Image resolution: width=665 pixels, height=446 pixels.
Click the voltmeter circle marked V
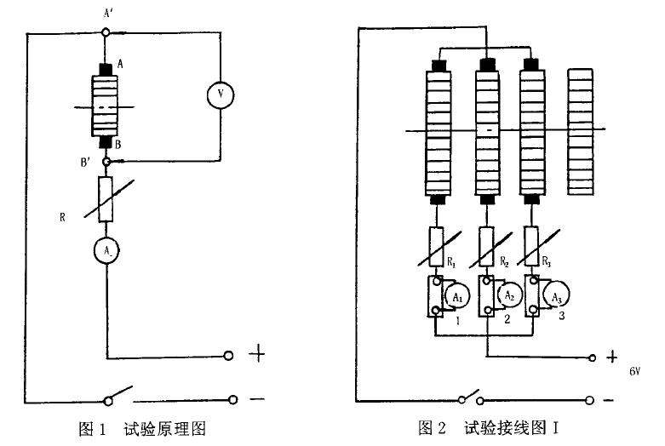pos(221,97)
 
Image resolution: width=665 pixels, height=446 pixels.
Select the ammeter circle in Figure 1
pos(106,249)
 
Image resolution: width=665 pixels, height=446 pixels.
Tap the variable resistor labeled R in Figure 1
pos(106,199)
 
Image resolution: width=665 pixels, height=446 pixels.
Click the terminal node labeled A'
pos(106,32)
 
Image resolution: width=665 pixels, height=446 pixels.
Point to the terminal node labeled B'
pos(106,161)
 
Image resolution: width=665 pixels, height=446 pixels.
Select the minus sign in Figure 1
pos(257,398)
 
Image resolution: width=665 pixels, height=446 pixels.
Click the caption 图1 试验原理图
pos(142,428)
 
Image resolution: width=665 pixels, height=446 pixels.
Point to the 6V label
pos(635,372)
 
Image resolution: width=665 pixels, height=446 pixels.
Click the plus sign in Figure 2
pos(610,357)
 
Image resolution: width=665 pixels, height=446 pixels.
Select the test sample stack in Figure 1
pos(106,105)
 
